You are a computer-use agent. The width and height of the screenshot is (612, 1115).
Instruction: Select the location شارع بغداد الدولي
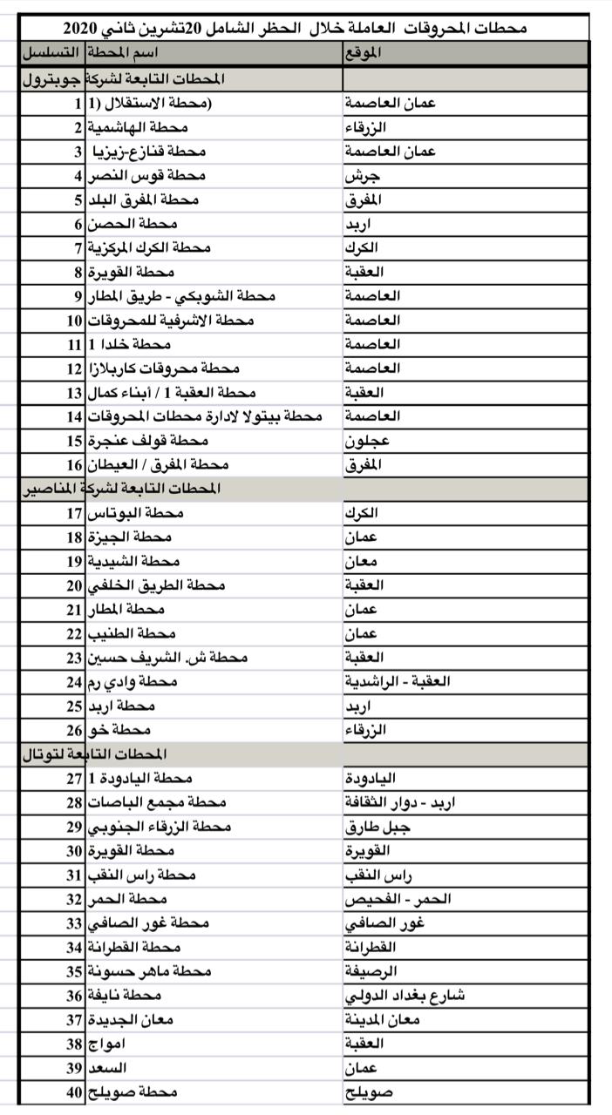pyautogui.click(x=405, y=995)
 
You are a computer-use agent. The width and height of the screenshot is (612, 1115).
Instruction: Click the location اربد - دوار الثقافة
pyautogui.click(x=407, y=802)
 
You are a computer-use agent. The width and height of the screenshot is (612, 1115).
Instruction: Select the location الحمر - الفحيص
pyautogui.click(x=398, y=899)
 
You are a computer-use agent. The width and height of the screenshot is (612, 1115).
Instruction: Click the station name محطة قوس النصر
pyautogui.click(x=146, y=176)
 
